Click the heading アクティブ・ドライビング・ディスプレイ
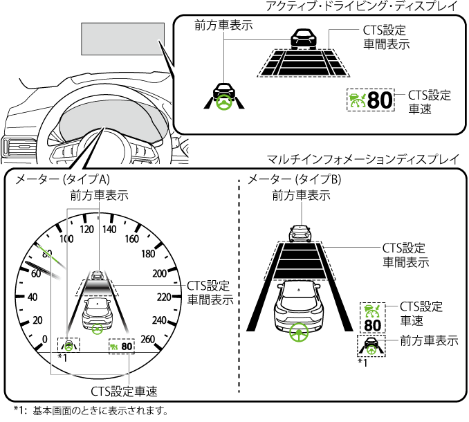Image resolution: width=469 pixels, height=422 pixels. pyautogui.click(x=361, y=6)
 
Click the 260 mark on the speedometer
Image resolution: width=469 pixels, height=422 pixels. pyautogui.click(x=148, y=338)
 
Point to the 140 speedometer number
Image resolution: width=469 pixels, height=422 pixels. pyautogui.click(x=109, y=229)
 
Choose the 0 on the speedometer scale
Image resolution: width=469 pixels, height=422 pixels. pyautogui.click(x=45, y=338)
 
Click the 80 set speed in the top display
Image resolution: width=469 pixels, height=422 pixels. pyautogui.click(x=379, y=100)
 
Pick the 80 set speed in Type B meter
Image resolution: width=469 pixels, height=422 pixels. pyautogui.click(x=372, y=324)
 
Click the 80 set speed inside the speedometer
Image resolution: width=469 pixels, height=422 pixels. pyautogui.click(x=127, y=345)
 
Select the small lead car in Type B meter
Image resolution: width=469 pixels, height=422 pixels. pyautogui.click(x=300, y=232)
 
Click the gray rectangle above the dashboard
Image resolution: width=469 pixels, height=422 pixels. pyautogui.click(x=122, y=39)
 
